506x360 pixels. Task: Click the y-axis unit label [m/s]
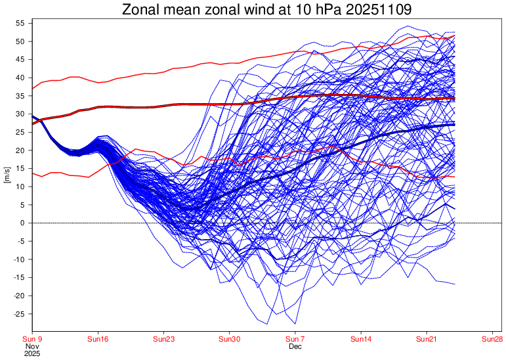(x=7, y=177)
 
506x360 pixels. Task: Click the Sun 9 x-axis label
(x=32, y=339)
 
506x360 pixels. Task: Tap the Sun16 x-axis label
(x=98, y=339)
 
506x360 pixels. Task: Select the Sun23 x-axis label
(x=163, y=339)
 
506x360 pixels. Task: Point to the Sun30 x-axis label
(x=230, y=339)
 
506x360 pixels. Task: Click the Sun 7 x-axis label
(x=295, y=339)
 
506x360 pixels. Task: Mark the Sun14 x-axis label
(x=361, y=339)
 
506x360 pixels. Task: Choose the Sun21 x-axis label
(x=427, y=339)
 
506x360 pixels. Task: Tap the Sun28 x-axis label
(x=493, y=339)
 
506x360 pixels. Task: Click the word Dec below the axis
(x=295, y=346)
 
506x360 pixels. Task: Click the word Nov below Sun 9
(x=32, y=346)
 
